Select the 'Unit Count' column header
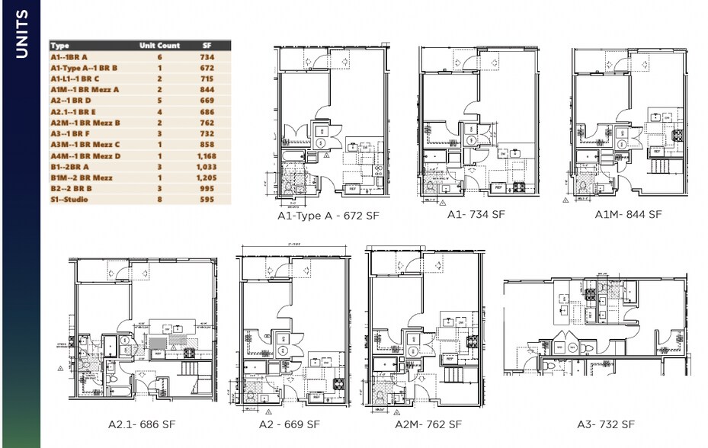coord(159,46)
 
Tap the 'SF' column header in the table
coord(207,46)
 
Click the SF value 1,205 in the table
coord(207,178)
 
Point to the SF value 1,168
coord(207,156)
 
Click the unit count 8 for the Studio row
coord(160,200)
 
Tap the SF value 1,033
coord(207,167)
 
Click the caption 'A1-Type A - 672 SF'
coord(328,216)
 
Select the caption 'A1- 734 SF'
coord(476,214)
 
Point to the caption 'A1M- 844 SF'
coord(628,214)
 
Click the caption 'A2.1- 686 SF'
coord(143,424)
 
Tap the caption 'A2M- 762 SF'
coord(428,424)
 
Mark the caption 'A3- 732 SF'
coord(606,424)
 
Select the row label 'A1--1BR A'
coord(69,57)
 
